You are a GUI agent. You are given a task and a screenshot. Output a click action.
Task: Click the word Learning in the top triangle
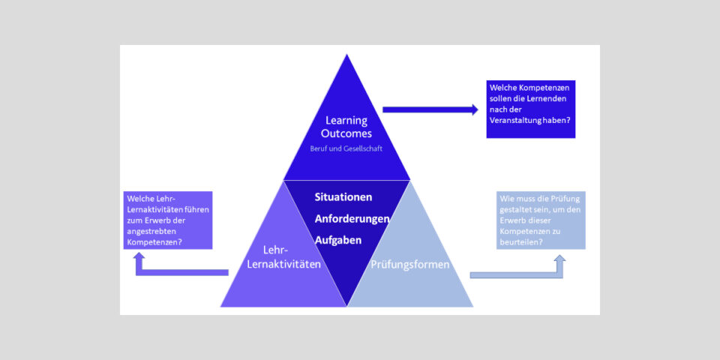coord(346,120)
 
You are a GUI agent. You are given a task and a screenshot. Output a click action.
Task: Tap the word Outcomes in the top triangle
coord(346,133)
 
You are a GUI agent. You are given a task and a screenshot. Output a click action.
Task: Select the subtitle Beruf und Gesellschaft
coord(346,148)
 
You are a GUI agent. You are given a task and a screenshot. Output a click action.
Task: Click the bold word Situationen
coord(343,197)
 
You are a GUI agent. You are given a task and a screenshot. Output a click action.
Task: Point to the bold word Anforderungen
coord(352,219)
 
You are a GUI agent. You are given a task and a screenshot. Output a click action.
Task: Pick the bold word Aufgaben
coord(337,241)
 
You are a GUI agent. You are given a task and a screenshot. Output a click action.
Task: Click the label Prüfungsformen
coord(410,265)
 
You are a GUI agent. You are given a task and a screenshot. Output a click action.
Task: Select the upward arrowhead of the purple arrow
coord(139,256)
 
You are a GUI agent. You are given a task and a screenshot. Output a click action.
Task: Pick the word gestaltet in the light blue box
coord(517,210)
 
